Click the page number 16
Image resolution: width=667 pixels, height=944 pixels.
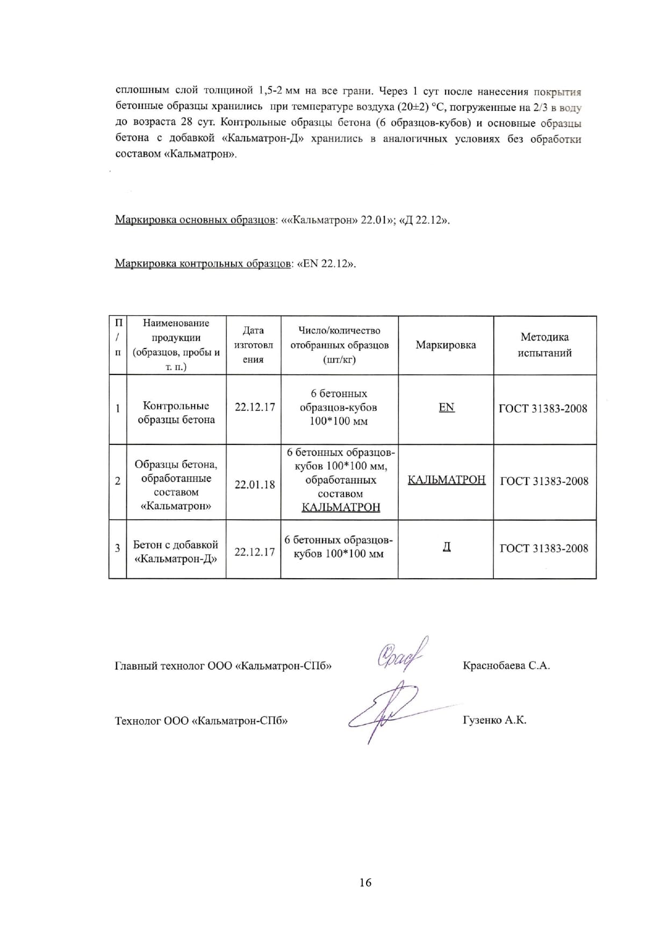coord(365,882)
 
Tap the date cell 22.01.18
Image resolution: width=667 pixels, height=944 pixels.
coord(255,485)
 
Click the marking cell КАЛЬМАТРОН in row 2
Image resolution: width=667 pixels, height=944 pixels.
coord(447,480)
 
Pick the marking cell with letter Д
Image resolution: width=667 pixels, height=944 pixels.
coord(447,548)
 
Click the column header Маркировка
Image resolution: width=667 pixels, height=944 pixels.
coord(446,345)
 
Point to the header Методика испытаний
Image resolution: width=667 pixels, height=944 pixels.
coord(544,345)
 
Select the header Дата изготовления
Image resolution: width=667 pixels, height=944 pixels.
coord(253,345)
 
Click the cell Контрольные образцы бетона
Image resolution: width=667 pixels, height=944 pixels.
coord(176,413)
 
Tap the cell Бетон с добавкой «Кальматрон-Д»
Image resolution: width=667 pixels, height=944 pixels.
coord(176,552)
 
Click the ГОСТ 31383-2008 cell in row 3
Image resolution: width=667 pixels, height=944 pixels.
coord(544,549)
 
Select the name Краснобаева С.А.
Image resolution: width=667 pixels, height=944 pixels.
coord(506,666)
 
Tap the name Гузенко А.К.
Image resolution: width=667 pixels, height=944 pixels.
coord(494,720)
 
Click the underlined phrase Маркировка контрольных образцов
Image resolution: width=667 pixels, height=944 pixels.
coord(203,264)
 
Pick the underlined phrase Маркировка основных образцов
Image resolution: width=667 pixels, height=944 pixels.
coord(195,220)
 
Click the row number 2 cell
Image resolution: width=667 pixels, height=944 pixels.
coord(118,481)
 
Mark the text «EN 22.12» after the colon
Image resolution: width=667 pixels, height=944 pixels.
coord(326,264)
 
